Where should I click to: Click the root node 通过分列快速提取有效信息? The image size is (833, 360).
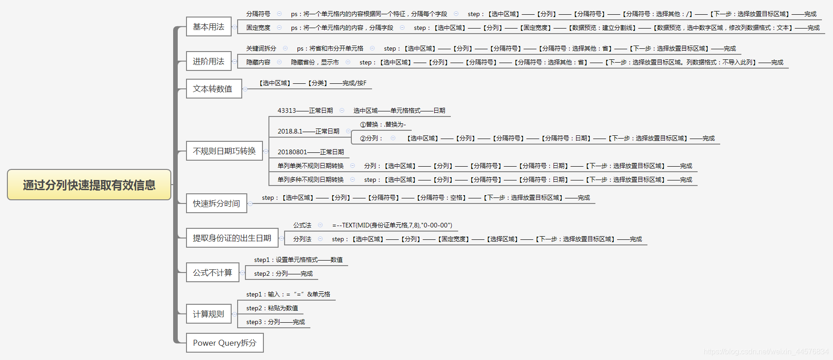pos(89,185)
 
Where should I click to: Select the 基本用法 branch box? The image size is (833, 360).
pos(209,27)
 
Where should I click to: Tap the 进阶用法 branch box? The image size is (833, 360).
pos(209,61)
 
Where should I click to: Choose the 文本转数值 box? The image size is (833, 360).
pos(214,88)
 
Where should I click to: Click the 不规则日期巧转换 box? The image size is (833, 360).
pos(224,151)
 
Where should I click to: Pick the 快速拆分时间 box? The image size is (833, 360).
pos(216,203)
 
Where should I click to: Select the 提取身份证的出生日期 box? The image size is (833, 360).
pos(232,238)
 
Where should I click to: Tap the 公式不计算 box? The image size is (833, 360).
pos(212,273)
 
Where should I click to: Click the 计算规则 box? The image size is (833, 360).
pos(209,314)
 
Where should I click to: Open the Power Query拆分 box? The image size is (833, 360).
pos(225,343)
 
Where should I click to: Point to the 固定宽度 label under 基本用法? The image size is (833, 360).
pos(258,28)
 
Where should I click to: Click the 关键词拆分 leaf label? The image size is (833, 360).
pos(261,48)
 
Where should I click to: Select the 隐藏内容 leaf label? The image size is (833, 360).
pos(258,62)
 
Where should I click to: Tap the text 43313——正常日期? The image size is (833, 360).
pos(305,110)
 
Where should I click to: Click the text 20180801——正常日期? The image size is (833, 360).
pos(310,152)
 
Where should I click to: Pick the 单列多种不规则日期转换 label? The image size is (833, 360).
pos(310,180)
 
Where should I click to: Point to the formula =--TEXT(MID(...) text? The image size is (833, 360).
pos(392,225)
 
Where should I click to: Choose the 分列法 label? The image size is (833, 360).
pos(302,239)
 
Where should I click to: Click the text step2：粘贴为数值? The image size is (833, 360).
pos(272,308)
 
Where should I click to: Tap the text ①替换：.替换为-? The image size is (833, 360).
pos(383,124)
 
